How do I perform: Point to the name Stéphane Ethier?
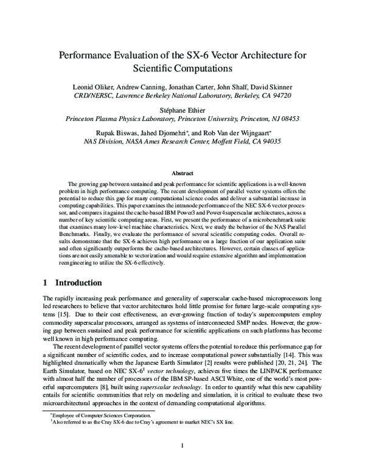(x=182, y=111)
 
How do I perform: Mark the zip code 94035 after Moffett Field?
(x=268, y=144)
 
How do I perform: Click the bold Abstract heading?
(x=182, y=173)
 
